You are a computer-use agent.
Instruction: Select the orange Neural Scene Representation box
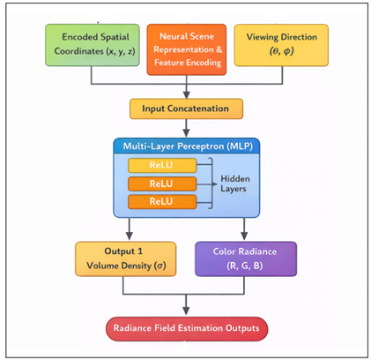(186, 45)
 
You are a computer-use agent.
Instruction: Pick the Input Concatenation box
(186, 109)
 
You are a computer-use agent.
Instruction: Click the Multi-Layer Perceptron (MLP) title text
(186, 143)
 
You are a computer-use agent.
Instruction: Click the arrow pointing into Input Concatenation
(186, 92)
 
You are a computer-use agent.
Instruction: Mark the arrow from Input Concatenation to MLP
(186, 127)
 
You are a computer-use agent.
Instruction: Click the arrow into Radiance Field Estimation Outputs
(186, 309)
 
